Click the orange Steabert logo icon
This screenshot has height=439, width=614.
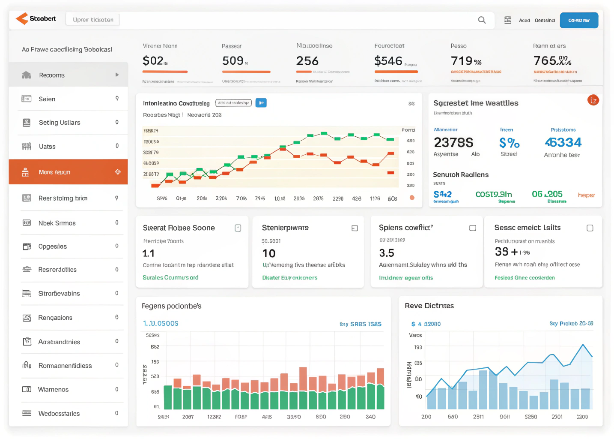[22, 18]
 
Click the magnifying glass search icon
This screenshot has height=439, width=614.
[482, 20]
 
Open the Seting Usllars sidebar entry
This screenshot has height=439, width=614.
[60, 123]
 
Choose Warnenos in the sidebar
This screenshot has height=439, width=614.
[53, 389]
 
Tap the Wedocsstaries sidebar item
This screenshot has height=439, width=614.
[59, 413]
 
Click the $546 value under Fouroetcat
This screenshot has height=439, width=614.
[388, 61]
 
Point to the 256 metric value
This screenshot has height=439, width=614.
[307, 61]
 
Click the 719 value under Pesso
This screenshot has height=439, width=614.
[462, 61]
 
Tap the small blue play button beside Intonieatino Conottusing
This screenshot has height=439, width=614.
[261, 103]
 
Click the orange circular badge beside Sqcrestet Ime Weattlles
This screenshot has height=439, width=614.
[593, 100]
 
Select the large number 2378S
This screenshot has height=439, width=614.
[453, 142]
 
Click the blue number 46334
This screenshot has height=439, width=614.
[563, 142]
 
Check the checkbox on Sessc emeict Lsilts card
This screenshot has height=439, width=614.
[590, 228]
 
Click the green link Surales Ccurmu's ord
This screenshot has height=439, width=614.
[170, 277]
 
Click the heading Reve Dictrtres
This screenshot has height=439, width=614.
[429, 306]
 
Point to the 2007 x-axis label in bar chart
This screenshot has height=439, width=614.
[188, 417]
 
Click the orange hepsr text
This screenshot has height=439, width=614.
[586, 195]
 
